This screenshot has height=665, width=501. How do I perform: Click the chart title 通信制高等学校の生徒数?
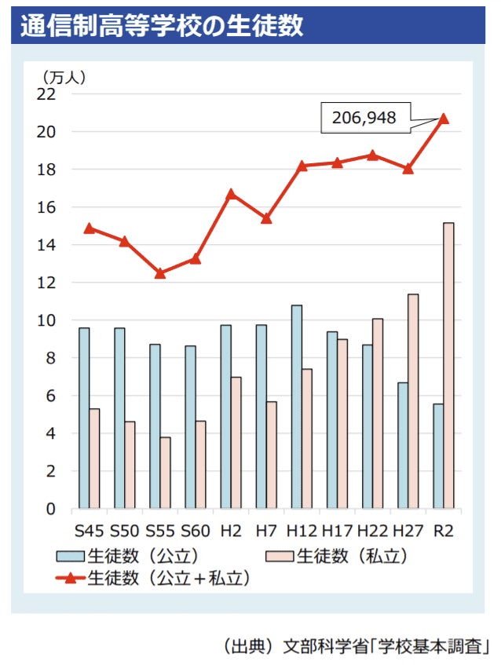pos(161,25)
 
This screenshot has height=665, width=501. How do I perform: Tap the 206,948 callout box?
pos(363,118)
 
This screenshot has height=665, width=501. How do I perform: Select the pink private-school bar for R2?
pos(448,365)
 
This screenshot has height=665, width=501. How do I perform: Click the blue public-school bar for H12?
pos(297,407)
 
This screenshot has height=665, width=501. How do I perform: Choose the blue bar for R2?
pos(437,456)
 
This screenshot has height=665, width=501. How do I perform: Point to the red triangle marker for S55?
pos(160,273)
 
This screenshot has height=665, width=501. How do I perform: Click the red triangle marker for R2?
pos(444,119)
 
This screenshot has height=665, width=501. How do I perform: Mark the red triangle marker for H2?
pos(231,193)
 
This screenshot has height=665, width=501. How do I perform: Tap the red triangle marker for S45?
pos(89,228)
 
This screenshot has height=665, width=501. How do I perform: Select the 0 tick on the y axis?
pos(51,509)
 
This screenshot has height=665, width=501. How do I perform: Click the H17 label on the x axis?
pos(337,531)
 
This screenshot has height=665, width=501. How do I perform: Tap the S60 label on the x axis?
pos(195,531)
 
